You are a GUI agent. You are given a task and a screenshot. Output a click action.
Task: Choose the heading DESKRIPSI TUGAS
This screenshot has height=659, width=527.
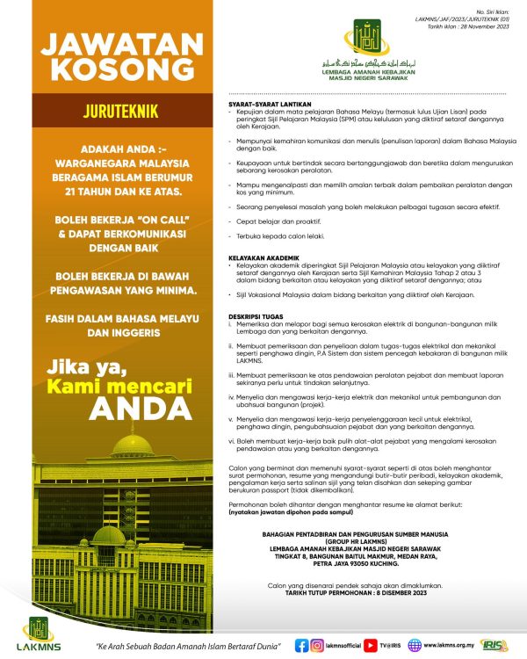click(x=254, y=314)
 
